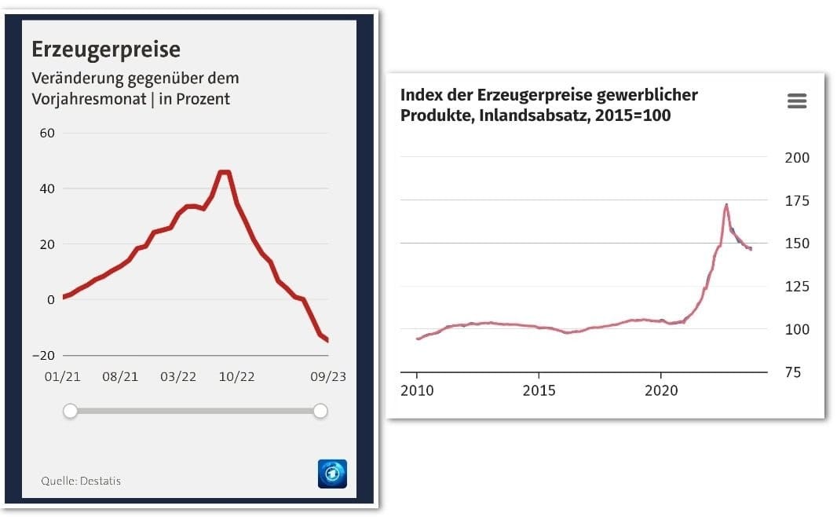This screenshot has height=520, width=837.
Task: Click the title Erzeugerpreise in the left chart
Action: (x=105, y=49)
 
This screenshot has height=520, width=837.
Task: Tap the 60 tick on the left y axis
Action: (x=47, y=133)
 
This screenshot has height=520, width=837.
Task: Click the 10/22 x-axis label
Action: (x=236, y=377)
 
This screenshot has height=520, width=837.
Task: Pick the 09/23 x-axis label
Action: (x=327, y=377)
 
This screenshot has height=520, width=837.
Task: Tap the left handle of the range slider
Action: (x=71, y=411)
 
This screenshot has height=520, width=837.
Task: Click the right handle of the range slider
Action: (x=320, y=411)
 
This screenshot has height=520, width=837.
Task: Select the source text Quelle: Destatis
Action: (x=81, y=481)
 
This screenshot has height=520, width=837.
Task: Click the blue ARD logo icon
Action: (x=332, y=474)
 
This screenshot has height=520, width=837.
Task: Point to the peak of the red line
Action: (x=224, y=172)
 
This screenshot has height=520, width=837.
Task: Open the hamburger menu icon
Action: (x=796, y=101)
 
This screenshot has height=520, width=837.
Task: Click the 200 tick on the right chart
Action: (x=797, y=158)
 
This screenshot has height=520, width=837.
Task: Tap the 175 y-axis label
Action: (x=797, y=201)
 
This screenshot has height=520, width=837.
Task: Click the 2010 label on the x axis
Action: (x=416, y=390)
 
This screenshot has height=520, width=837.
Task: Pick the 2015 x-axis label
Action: (x=538, y=390)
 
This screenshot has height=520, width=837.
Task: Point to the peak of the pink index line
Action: (x=726, y=205)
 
